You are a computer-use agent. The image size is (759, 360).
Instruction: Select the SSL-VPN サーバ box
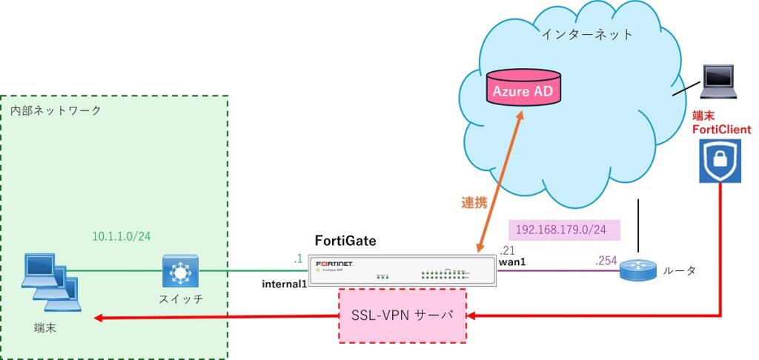coord(402,316)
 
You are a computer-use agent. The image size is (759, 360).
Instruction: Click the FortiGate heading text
coord(345,241)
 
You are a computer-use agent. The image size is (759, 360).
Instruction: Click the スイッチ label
coord(179,300)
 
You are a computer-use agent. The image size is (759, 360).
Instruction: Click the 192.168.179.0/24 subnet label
coord(563,230)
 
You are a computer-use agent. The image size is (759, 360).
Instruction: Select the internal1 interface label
coord(284,283)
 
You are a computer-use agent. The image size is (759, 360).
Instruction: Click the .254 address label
coord(606,260)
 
